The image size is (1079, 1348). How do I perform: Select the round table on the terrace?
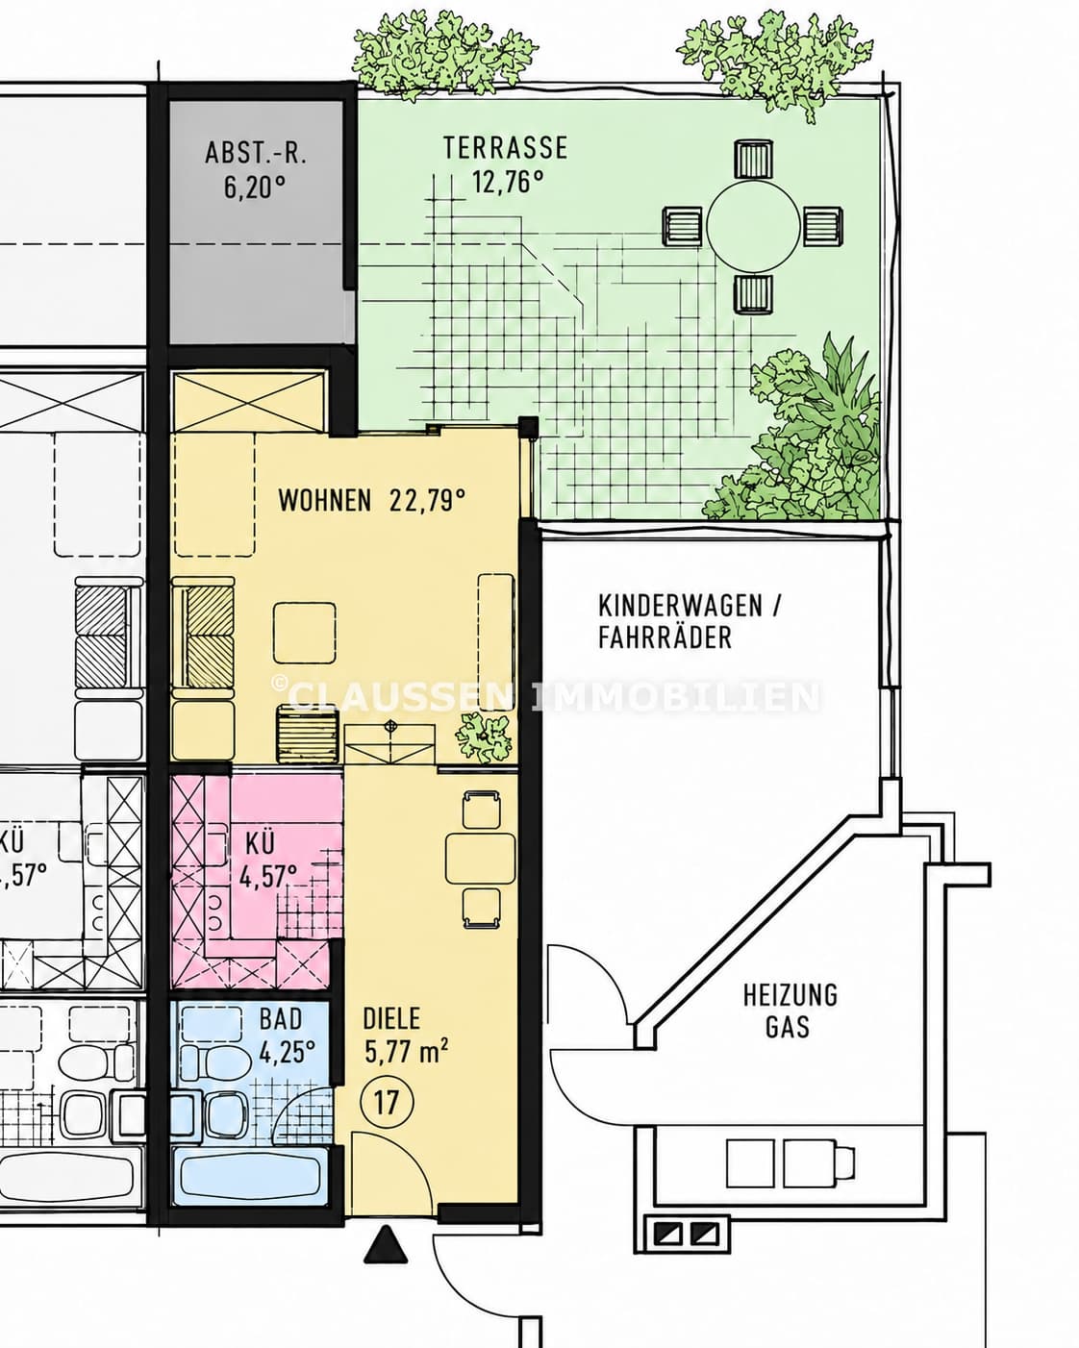[753, 226]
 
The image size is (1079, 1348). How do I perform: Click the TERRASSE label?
[505, 148]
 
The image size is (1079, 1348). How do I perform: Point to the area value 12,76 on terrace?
[508, 182]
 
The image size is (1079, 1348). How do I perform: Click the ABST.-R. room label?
[256, 153]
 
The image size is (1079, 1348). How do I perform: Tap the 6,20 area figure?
[255, 187]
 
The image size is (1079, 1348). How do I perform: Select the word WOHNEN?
[325, 501]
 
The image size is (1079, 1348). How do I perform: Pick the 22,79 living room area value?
[427, 501]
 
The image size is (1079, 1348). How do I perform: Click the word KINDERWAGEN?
[681, 606]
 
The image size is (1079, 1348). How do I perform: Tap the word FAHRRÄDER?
[665, 637]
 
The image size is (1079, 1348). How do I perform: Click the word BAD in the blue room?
[281, 1019]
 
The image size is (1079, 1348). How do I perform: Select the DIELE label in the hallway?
[391, 1019]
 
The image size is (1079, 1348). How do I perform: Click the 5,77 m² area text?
[406, 1052]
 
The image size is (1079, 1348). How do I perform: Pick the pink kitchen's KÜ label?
[260, 844]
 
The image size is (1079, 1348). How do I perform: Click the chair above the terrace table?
[753, 161]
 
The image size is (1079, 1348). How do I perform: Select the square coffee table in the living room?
[304, 633]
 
